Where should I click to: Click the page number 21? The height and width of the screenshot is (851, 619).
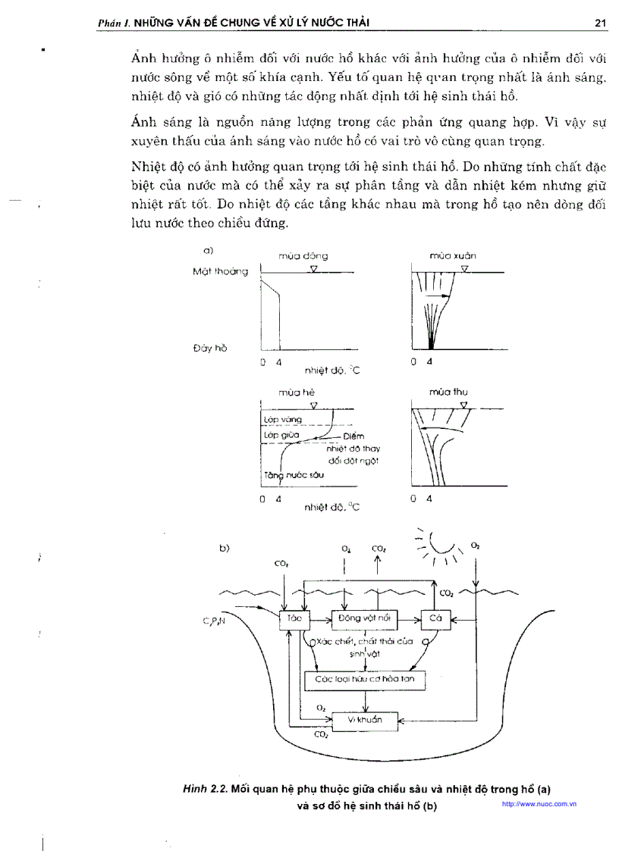pos(599,23)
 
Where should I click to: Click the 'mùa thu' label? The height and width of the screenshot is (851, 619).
pos(448,393)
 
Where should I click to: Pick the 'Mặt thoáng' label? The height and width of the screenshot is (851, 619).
pos(220,271)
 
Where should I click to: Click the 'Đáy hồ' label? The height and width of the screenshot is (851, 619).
pos(210,348)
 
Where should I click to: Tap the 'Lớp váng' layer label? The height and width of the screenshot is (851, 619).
pos(282,419)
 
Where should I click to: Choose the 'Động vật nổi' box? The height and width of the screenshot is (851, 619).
pos(365,619)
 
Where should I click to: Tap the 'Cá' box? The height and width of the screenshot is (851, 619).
pos(435,619)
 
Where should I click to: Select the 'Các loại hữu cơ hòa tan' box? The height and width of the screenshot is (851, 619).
pos(365,680)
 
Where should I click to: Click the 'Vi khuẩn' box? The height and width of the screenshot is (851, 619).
pos(365,720)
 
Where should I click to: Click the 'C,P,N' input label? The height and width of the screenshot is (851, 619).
pos(214,621)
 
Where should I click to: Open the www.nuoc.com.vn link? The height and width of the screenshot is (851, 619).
pos(539,803)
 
